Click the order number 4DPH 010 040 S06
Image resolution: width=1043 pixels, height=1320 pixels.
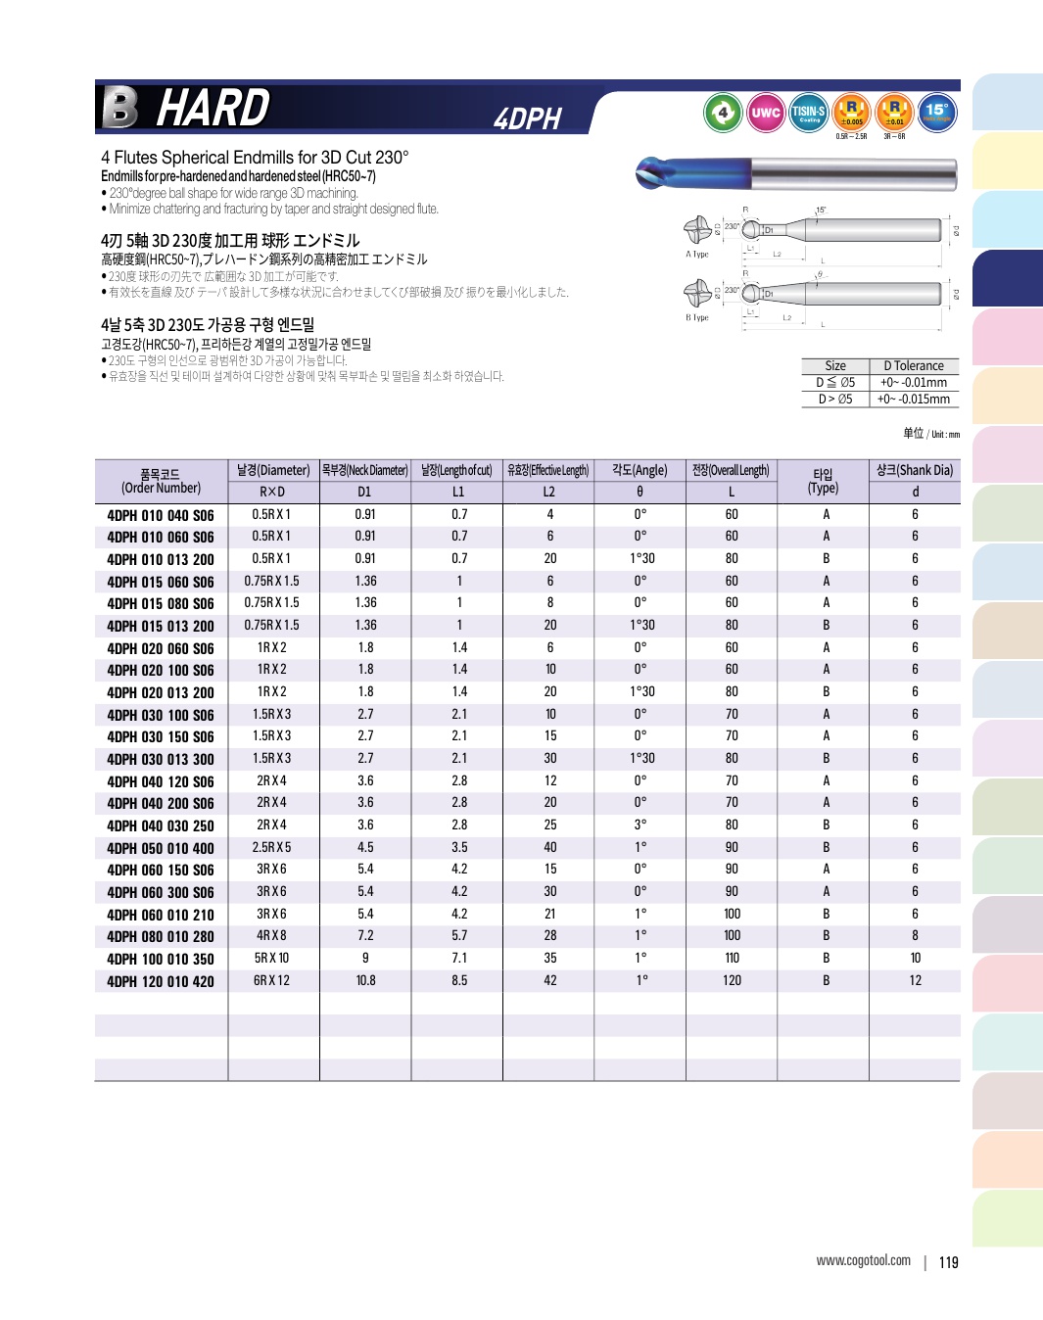tap(161, 516)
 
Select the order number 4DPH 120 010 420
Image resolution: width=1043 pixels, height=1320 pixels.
tap(161, 981)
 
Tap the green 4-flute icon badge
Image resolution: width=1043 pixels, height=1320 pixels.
tap(723, 113)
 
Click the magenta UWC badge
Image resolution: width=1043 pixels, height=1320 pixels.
tap(765, 113)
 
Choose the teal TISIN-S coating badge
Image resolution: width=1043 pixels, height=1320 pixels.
tap(808, 113)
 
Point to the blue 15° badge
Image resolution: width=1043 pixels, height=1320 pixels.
tap(936, 113)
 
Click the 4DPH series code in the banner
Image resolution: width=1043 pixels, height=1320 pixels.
tap(527, 119)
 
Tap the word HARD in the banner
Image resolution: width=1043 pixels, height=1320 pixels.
tap(213, 108)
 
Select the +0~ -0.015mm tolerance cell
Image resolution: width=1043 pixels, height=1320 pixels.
tap(913, 399)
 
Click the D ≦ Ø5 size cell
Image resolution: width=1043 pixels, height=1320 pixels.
tap(835, 383)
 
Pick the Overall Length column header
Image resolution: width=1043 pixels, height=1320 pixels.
tap(731, 470)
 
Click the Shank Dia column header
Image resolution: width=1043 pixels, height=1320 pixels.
tap(915, 470)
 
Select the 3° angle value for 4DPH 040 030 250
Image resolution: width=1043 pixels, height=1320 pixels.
tap(640, 825)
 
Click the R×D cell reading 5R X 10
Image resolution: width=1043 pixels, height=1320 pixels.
tap(272, 959)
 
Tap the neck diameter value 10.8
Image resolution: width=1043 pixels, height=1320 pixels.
tap(365, 981)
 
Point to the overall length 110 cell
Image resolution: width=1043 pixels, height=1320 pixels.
tap(732, 959)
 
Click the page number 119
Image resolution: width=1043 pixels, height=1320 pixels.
tap(948, 1262)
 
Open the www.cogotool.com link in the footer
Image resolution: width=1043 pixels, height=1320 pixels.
tap(863, 1260)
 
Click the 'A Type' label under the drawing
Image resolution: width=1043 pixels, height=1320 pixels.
tap(696, 255)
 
